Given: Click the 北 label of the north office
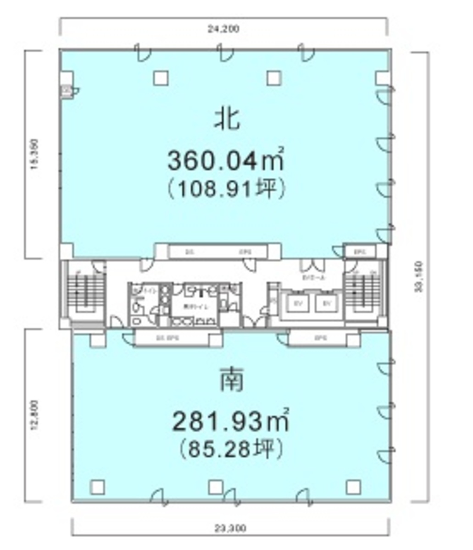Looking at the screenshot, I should [x=228, y=119].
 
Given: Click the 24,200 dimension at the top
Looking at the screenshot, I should [x=223, y=30].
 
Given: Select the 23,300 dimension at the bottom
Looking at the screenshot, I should [x=230, y=528].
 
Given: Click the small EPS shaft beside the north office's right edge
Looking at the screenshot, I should [x=360, y=251].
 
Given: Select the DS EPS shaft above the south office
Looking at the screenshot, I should [x=171, y=339].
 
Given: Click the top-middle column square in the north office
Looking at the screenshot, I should [x=274, y=78].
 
